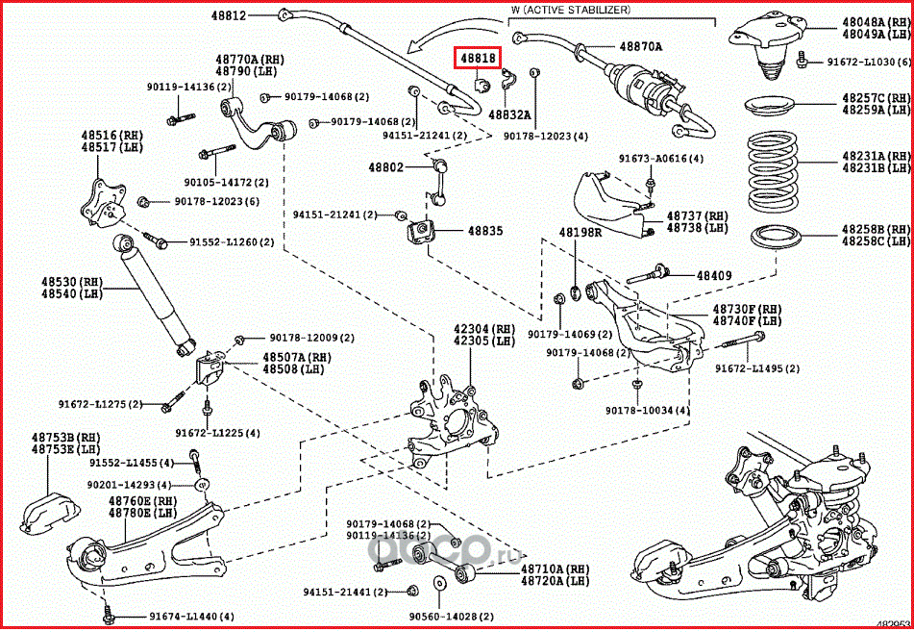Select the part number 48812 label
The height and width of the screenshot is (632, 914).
click(231, 15)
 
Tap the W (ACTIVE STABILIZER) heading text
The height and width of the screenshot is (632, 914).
click(570, 10)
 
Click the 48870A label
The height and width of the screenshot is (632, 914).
click(641, 45)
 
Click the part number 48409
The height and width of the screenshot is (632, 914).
click(715, 276)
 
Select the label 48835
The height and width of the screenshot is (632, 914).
click(485, 231)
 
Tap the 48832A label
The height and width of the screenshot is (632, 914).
click(509, 114)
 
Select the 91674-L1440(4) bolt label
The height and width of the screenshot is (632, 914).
click(192, 616)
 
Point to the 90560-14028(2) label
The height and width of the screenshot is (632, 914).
click(452, 616)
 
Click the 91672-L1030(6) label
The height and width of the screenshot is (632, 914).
click(869, 63)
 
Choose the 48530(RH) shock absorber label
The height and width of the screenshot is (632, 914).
click(70, 282)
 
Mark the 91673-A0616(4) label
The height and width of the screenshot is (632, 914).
click(660, 159)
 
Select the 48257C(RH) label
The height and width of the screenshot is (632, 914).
click(876, 98)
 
